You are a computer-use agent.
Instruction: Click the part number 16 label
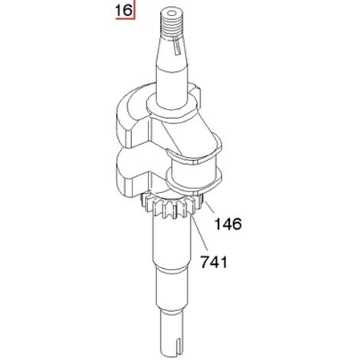tap(123, 11)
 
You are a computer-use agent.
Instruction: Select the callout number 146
tap(227, 224)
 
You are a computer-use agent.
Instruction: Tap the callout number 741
tap(214, 262)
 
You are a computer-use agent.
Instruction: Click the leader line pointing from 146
tap(209, 208)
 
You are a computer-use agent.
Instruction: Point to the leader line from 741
tap(200, 233)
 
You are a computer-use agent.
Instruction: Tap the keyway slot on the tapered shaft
tap(175, 46)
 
